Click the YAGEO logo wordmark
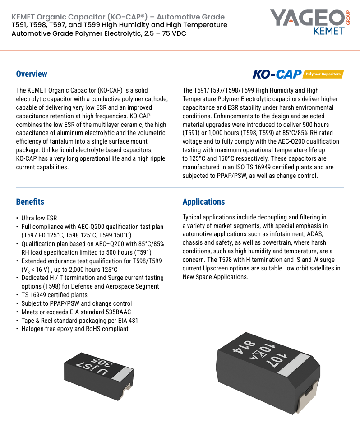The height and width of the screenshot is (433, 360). coord(307,18)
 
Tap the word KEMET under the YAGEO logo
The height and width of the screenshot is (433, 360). coord(329,31)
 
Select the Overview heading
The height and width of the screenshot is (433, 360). coord(32,74)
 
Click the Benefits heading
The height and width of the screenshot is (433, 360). coord(30,201)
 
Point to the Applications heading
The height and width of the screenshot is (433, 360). coord(203,202)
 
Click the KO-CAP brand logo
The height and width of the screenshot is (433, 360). coord(277,74)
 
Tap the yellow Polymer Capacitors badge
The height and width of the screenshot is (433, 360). coord(323,74)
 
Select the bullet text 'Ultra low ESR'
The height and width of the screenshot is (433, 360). coord(39,218)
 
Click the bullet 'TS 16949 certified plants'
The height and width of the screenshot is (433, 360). coord(54,295)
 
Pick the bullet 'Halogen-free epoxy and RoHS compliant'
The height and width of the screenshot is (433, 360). coord(75,329)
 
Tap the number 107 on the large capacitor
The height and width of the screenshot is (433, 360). coord(280,360)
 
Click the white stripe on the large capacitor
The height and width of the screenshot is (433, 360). coord(294,365)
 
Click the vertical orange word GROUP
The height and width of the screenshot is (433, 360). coord(348,18)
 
